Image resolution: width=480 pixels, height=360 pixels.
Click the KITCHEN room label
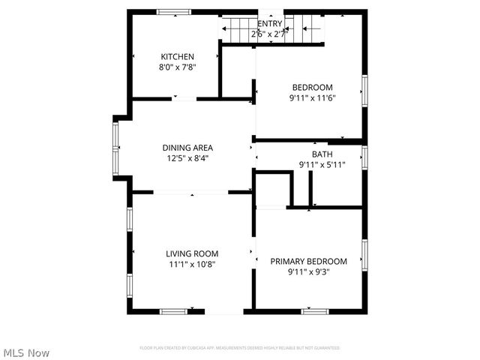(178, 57)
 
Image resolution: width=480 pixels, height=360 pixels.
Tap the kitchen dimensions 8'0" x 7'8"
(178, 67)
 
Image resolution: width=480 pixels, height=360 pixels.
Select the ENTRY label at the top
(270, 23)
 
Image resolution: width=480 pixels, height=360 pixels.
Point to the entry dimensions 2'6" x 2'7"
(270, 33)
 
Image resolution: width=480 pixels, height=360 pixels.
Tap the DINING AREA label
(187, 148)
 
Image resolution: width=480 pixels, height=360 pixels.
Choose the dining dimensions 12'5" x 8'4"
(187, 158)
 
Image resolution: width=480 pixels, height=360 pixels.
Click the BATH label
(322, 154)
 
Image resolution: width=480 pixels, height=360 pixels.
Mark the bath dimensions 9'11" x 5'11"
(322, 165)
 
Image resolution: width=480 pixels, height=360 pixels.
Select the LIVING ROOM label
(192, 253)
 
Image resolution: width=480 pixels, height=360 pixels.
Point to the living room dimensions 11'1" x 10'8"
(192, 264)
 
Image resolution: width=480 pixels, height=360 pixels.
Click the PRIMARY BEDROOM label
(309, 261)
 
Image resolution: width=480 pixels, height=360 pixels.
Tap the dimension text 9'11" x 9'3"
(309, 271)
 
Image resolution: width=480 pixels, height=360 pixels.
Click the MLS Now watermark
(27, 352)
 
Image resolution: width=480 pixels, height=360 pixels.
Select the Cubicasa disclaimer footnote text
(240, 348)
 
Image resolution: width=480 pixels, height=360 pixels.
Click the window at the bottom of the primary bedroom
(315, 311)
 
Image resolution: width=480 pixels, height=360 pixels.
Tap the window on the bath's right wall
(364, 157)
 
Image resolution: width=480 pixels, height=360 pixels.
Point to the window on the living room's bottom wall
(173, 311)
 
